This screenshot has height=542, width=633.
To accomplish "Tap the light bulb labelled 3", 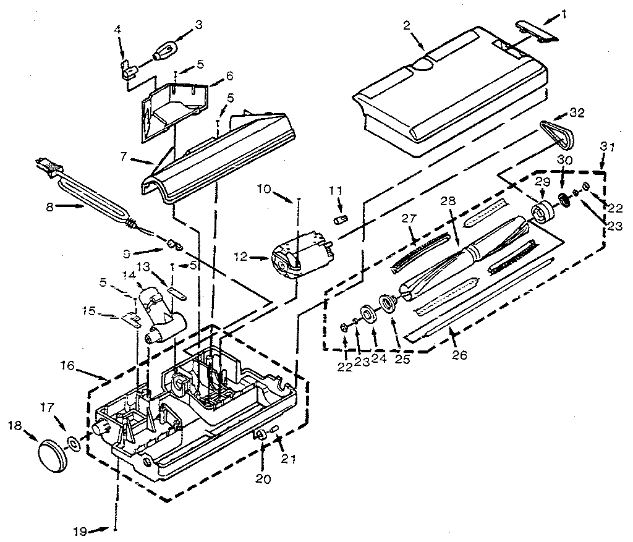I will tap(166, 49).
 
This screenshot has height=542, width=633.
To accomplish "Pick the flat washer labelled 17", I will tap(74, 442).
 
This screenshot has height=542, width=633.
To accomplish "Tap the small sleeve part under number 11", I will tap(338, 221).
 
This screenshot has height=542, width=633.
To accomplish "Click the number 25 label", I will tap(402, 358).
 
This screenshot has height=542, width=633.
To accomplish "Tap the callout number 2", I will tap(407, 27).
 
